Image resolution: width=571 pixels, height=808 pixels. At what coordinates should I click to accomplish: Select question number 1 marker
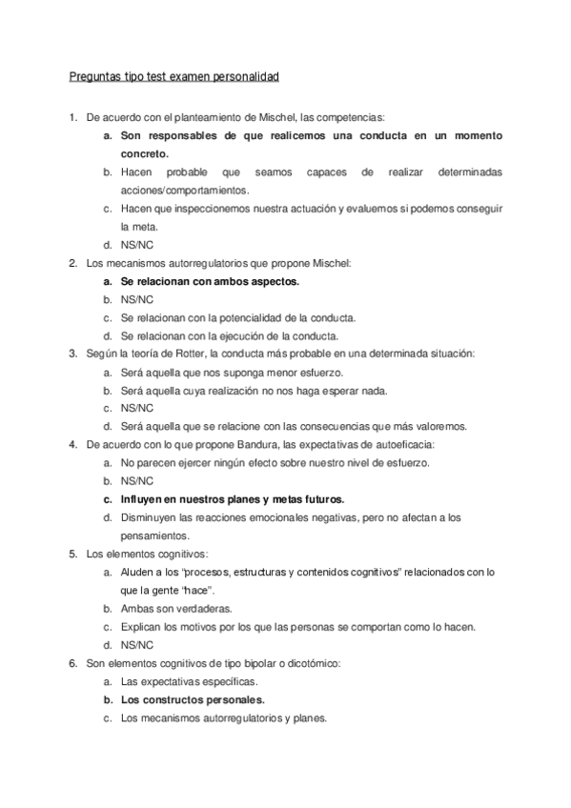72,117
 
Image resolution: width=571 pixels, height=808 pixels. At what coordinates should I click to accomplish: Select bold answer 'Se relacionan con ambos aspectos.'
210,281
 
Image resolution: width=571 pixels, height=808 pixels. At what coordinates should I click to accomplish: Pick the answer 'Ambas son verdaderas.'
176,608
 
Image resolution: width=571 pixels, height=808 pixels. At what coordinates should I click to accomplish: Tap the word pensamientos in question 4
154,535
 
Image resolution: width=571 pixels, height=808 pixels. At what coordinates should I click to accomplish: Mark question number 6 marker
72,662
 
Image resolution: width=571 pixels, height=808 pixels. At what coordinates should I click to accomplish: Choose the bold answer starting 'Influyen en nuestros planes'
233,498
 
